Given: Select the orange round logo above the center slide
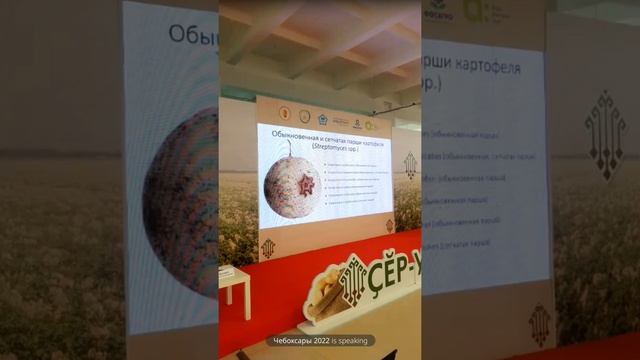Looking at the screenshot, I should pos(285,115).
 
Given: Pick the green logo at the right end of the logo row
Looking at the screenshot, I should pos(372,125).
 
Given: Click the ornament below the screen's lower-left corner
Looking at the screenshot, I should pos(268,248).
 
